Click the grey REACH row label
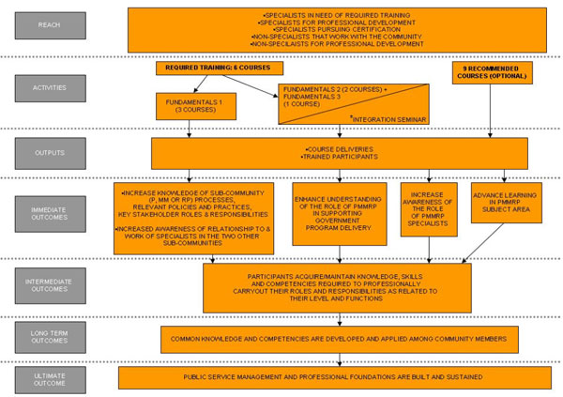pos(51,25)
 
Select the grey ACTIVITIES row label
pos(51,89)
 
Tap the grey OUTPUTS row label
pos(51,152)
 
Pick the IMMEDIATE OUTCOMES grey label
pos(51,215)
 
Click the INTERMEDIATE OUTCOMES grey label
pos(51,285)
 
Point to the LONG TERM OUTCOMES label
pos(51,337)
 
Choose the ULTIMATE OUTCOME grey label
pos(51,377)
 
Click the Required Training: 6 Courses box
pos(219,69)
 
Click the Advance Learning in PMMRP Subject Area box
pos(505,203)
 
